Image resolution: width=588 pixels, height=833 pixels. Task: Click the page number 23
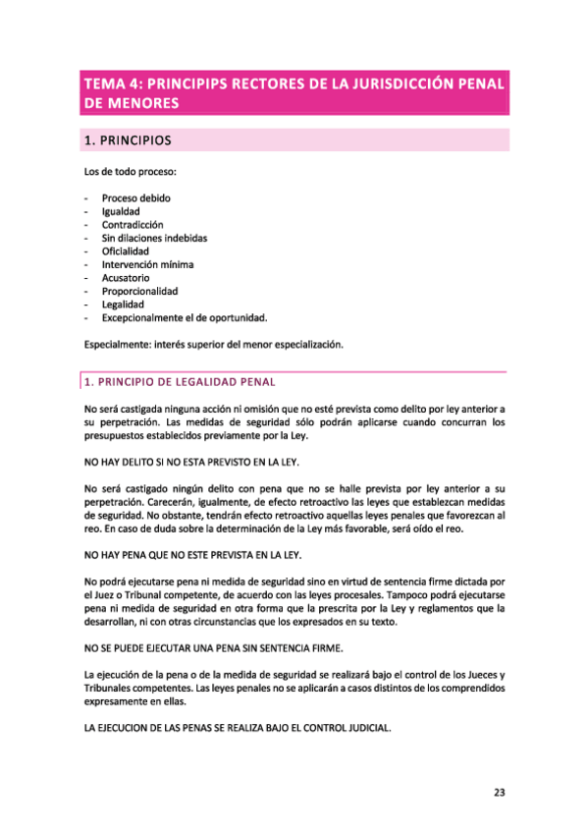tap(499, 794)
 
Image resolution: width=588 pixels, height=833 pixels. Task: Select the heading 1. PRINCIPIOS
tap(128, 140)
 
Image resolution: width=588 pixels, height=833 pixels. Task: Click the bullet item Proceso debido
tap(135, 198)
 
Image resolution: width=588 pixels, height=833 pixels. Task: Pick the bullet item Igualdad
tap(121, 211)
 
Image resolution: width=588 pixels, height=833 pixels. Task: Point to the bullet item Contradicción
tap(133, 225)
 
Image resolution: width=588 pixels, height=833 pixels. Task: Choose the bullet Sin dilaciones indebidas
tap(154, 238)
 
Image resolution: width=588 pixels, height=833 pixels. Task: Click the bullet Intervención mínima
tap(147, 264)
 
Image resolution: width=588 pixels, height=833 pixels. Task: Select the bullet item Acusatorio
tap(125, 278)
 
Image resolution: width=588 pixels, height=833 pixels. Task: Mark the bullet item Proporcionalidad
tap(139, 291)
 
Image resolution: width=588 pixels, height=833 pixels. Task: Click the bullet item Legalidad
tap(122, 305)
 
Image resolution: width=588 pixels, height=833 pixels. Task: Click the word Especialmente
tap(116, 345)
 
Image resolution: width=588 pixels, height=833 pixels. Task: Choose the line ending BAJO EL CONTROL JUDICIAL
tap(239, 729)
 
